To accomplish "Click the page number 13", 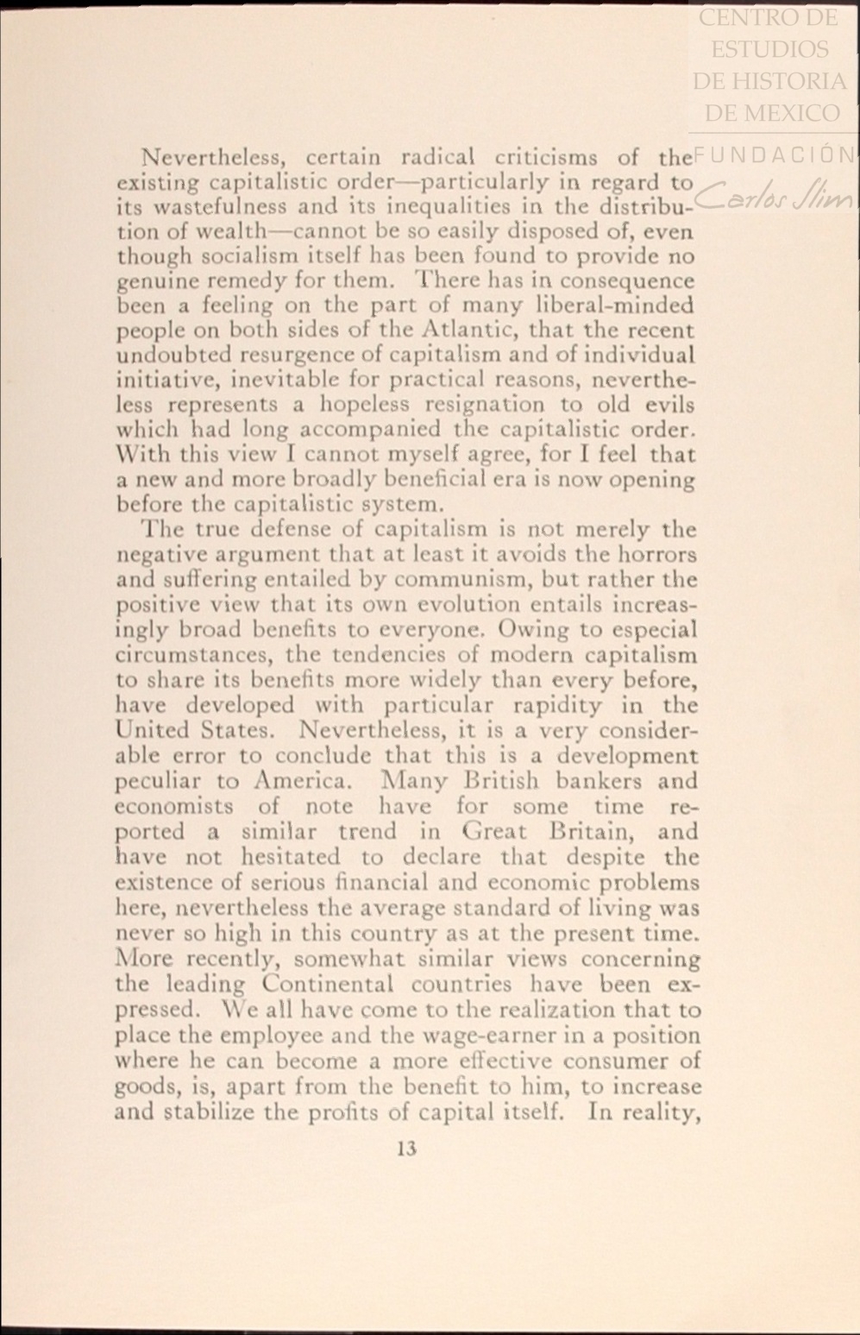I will click(408, 1149).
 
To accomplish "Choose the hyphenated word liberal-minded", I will click(616, 305).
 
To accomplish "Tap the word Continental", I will click(328, 984).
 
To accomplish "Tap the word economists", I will click(175, 807).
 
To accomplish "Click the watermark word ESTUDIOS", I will click(769, 49).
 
